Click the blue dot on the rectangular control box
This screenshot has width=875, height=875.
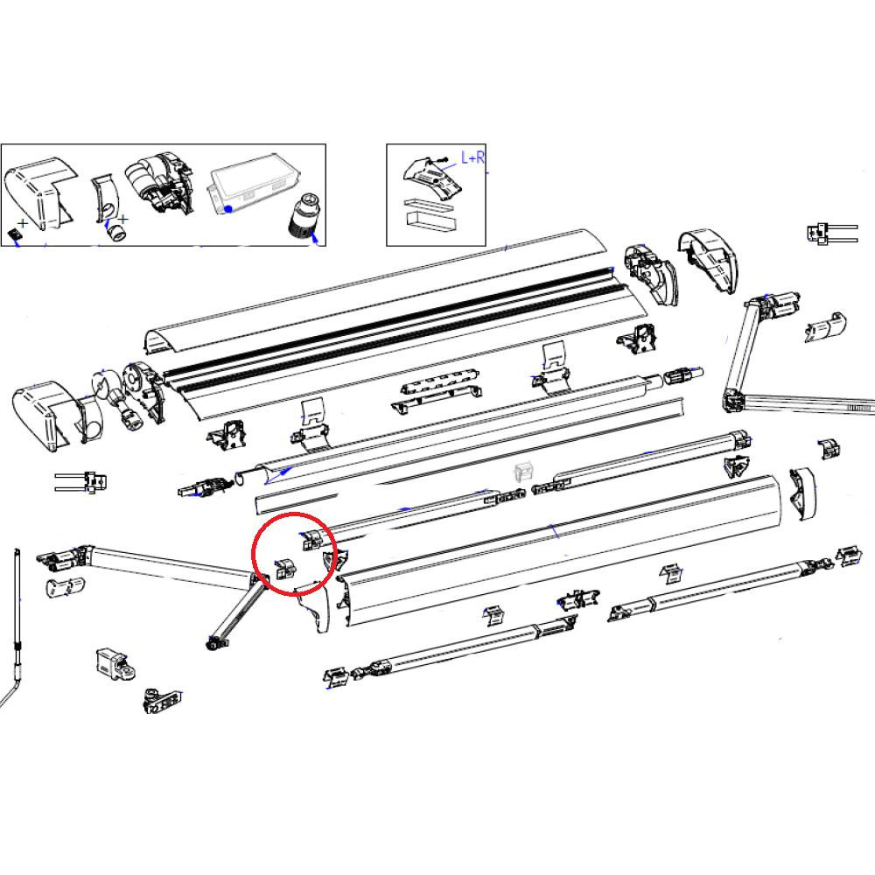click(x=227, y=208)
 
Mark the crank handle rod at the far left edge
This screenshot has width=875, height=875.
click(x=17, y=612)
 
